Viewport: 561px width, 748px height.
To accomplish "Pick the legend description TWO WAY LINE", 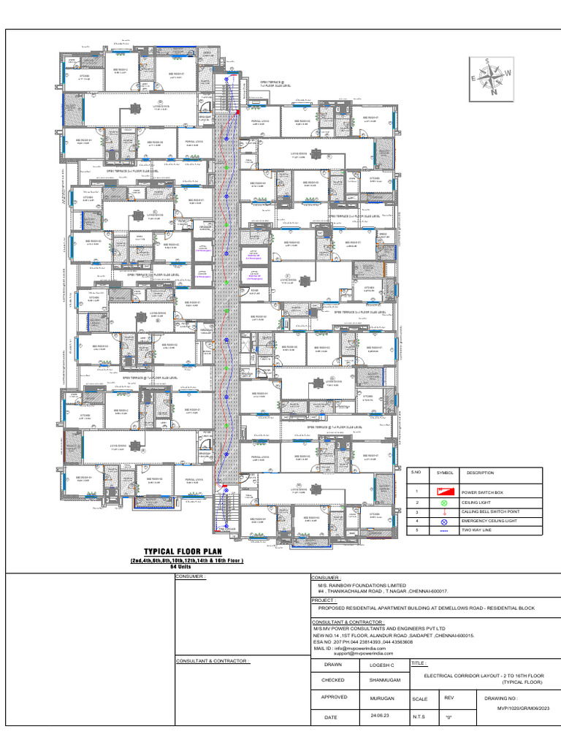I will (x=476, y=531).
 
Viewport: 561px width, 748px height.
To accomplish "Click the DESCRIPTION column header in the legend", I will (x=480, y=473).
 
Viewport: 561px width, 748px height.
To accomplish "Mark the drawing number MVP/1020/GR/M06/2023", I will (x=522, y=708).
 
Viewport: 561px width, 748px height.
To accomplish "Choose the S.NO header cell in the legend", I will (x=416, y=473).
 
